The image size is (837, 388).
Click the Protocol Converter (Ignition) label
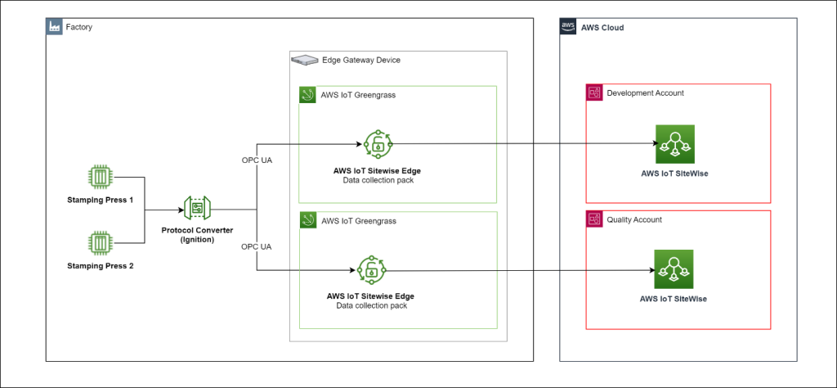click(x=199, y=235)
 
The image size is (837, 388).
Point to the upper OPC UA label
click(x=257, y=159)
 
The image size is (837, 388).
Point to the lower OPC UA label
click(x=257, y=246)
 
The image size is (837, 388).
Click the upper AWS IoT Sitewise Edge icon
click(x=378, y=145)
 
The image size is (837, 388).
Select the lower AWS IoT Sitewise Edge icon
click(x=371, y=271)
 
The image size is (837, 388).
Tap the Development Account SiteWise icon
click(x=674, y=145)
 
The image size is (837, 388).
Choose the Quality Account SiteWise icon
click(x=674, y=269)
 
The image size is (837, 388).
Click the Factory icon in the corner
click(x=53, y=27)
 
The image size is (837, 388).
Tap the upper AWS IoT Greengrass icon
click(x=307, y=95)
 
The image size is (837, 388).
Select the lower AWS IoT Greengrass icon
click(x=307, y=220)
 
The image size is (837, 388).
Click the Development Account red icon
click(x=594, y=93)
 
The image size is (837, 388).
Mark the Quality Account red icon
click(x=594, y=219)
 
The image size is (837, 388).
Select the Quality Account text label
click(x=634, y=219)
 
